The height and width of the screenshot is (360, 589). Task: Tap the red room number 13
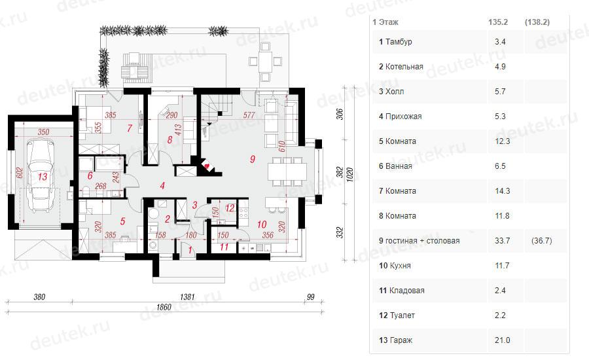(x=43, y=176)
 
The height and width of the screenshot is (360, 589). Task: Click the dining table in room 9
(x=287, y=171)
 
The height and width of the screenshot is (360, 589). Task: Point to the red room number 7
(x=130, y=128)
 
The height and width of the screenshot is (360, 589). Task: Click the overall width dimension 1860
(x=164, y=307)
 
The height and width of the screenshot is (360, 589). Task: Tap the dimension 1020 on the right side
(x=349, y=175)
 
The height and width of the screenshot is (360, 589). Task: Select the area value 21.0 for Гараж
(x=502, y=340)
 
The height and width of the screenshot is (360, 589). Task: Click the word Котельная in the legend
(x=404, y=67)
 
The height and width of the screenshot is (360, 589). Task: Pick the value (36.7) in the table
(x=542, y=240)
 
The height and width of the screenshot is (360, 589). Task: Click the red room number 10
(x=262, y=225)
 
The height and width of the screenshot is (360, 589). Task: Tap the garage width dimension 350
(x=43, y=132)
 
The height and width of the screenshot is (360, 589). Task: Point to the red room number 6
(x=90, y=175)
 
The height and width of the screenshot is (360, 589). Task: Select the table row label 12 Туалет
(x=397, y=315)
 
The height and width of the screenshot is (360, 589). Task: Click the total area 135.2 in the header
(x=498, y=22)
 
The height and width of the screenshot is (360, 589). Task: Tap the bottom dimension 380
(x=39, y=297)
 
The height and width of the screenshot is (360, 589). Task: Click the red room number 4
(x=162, y=185)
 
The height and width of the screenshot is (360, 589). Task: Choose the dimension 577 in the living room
(x=249, y=115)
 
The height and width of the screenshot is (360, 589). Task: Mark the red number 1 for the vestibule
(x=190, y=250)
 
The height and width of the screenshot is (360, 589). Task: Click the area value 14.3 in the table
(x=502, y=191)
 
